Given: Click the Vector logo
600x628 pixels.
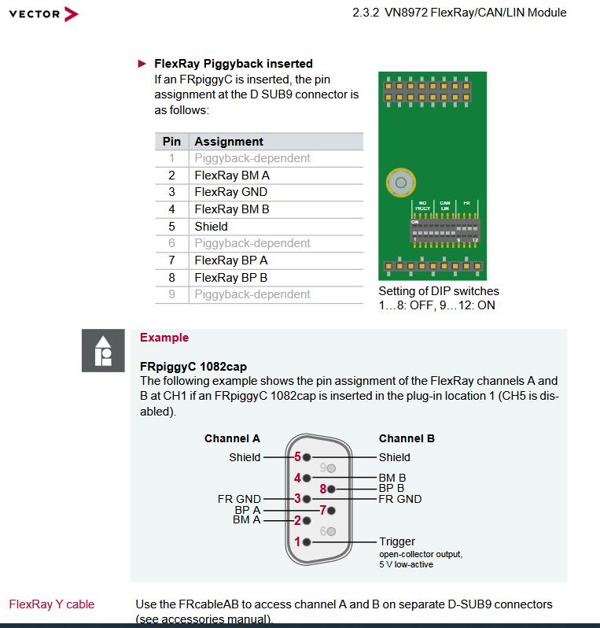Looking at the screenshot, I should [x=44, y=13].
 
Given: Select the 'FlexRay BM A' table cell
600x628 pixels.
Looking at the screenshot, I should [x=232, y=175].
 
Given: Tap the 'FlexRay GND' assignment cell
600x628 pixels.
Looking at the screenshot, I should [x=230, y=192].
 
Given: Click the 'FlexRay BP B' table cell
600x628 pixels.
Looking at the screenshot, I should [x=230, y=277].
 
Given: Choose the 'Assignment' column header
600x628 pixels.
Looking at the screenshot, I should [x=229, y=142].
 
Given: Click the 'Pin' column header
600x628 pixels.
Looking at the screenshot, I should [x=171, y=142].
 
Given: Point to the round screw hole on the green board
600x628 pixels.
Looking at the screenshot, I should [x=401, y=183].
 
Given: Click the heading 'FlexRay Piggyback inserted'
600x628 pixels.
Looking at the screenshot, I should [x=233, y=64].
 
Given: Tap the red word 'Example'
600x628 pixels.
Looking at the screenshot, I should [x=164, y=338].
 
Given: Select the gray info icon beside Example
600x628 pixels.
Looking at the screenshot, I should [x=103, y=351].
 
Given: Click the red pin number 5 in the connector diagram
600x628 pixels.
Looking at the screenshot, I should [x=297, y=456].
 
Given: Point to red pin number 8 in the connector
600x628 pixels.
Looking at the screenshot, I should [x=322, y=488].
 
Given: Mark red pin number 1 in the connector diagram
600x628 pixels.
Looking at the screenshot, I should [x=297, y=541].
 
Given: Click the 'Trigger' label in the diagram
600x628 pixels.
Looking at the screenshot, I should [x=396, y=541].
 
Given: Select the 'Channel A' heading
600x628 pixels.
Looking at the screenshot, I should [x=232, y=438].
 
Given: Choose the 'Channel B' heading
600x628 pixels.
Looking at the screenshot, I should [x=407, y=438].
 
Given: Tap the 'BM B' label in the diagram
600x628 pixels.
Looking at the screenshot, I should [x=392, y=477].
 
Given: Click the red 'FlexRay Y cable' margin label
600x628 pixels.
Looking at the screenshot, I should [x=52, y=604].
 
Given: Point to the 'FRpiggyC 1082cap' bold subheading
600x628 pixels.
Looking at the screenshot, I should [x=193, y=367].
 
